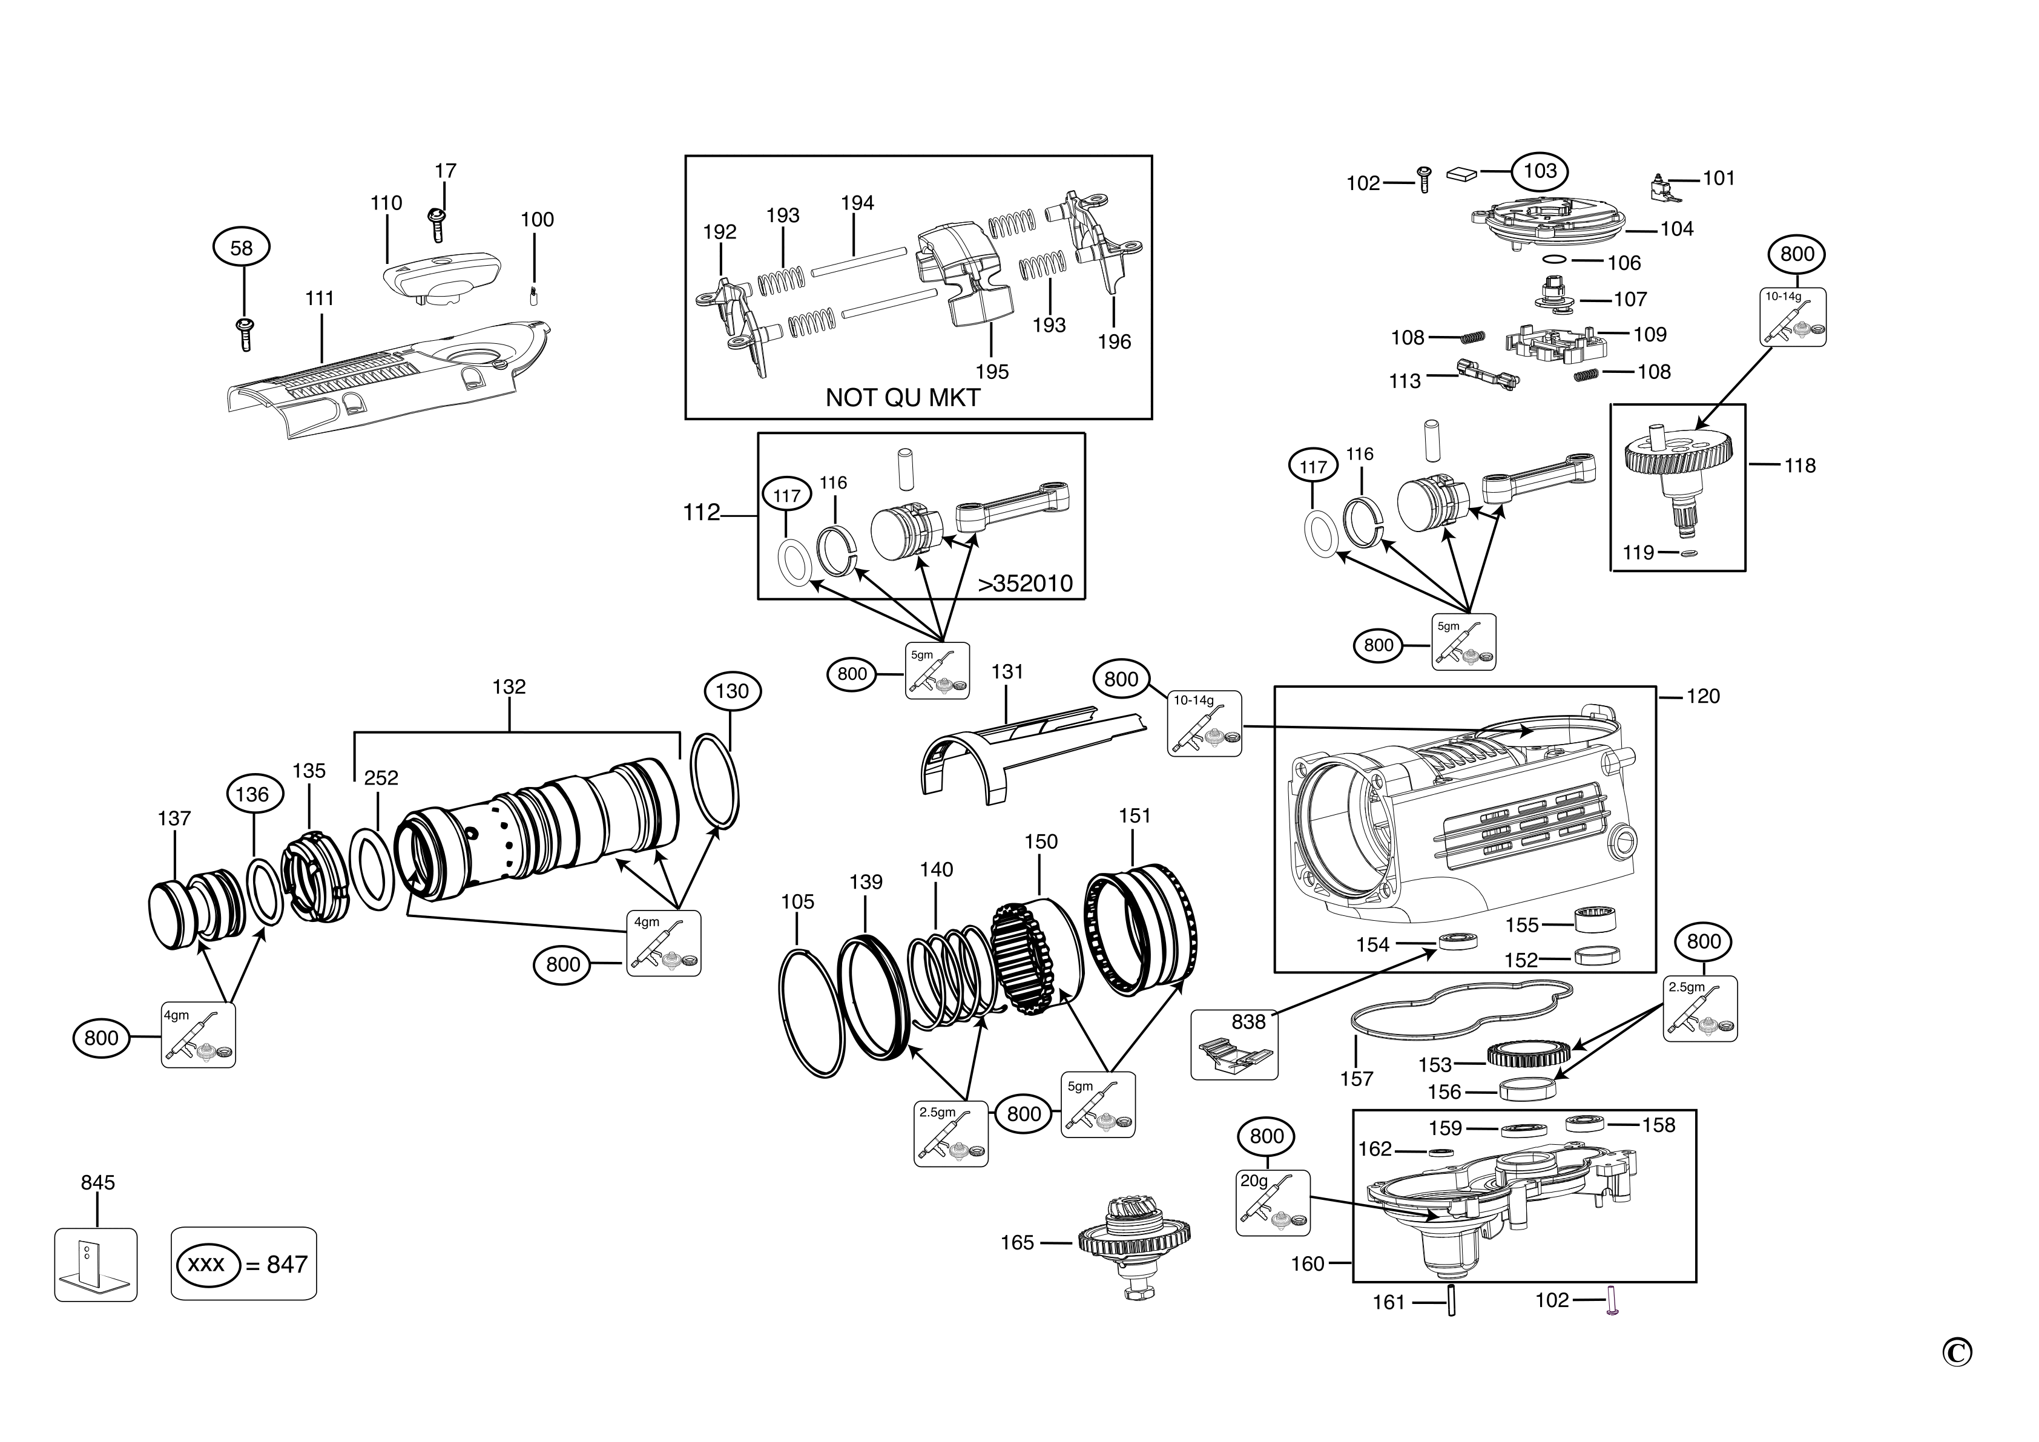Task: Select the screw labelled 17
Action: [x=437, y=225]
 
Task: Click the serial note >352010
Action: [x=1025, y=584]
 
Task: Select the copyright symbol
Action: [x=1957, y=1352]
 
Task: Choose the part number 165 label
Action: [x=1017, y=1243]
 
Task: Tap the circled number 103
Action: [x=1540, y=171]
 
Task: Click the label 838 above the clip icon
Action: [x=1248, y=1022]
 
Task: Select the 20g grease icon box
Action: [x=1273, y=1203]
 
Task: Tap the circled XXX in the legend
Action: [x=207, y=1265]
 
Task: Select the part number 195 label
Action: [x=992, y=372]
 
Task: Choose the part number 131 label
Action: [x=1007, y=672]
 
